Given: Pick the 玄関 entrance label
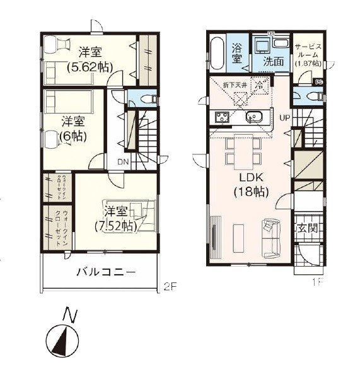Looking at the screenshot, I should point(308,228).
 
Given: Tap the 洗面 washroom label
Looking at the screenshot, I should point(273,62).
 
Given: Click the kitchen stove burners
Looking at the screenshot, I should point(223,117).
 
